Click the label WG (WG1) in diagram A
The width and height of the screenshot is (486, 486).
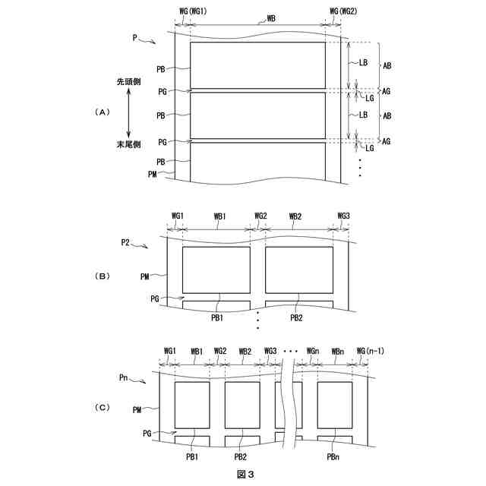point(193,11)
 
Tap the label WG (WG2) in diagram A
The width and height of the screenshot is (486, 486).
point(343,11)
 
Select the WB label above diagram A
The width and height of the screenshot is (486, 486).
point(271,18)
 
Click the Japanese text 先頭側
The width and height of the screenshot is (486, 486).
point(128,81)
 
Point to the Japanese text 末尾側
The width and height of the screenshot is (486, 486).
point(128,144)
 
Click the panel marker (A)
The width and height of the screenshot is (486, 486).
point(102,112)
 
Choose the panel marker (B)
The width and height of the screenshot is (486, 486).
point(102,276)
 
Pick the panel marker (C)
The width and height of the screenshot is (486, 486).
point(102,407)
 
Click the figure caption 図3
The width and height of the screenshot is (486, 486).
point(245,474)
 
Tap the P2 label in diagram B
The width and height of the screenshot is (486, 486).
point(125,242)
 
